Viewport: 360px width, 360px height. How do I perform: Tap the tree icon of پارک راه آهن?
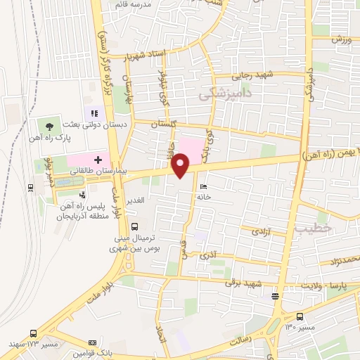coord(49,127)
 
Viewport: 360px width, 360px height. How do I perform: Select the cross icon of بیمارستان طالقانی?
coord(98,160)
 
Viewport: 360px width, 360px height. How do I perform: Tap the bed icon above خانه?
coord(203,187)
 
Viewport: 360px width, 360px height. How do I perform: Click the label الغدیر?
coord(134,200)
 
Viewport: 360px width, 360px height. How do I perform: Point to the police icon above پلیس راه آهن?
coord(83,194)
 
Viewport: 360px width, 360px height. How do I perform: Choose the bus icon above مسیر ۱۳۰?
coord(300,316)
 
